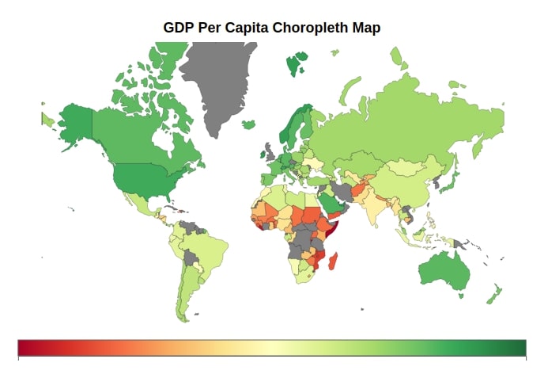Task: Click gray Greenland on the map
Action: tap(217, 84)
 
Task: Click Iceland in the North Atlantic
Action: tap(248, 124)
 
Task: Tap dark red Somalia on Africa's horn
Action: tap(333, 227)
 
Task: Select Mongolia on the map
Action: tap(407, 166)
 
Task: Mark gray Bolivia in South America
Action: tap(190, 258)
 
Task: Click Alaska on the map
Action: tap(76, 124)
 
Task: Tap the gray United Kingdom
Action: tap(270, 152)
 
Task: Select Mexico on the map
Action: tap(138, 203)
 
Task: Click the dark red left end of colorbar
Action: tap(21, 348)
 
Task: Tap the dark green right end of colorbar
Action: tap(523, 348)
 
